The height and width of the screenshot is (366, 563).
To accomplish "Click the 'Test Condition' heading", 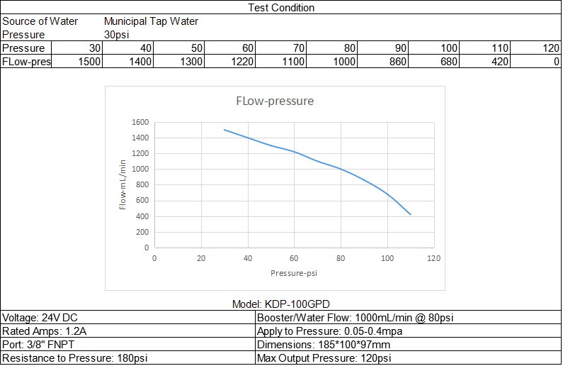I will (x=281, y=8).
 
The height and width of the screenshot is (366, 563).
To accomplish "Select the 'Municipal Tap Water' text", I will (x=151, y=21).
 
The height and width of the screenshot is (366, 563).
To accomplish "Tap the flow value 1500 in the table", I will (x=90, y=62).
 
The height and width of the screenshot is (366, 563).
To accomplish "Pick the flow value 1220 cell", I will (x=241, y=62).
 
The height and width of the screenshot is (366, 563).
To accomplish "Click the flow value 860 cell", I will (x=399, y=62).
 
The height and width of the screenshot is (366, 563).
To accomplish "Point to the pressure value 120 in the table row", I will (x=550, y=48).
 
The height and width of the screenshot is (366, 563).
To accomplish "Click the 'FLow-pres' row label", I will (x=26, y=62).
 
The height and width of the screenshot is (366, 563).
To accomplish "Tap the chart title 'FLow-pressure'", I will (x=274, y=101).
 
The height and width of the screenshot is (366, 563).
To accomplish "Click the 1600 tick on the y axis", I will (x=139, y=122).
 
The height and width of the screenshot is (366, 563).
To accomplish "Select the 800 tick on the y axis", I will (x=142, y=185).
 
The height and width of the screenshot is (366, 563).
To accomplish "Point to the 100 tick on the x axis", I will (x=387, y=257).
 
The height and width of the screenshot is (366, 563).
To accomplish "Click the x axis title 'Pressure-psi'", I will (x=294, y=273).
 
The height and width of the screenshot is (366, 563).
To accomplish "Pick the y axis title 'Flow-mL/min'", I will (x=123, y=184).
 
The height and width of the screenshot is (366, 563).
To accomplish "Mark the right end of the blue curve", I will (x=411, y=214).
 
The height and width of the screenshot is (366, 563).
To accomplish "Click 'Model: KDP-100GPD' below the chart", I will (x=281, y=304).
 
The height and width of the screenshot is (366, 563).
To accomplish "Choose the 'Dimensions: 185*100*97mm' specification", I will (x=323, y=345).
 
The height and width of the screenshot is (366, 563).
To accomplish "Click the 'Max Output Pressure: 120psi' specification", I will (x=324, y=358).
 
